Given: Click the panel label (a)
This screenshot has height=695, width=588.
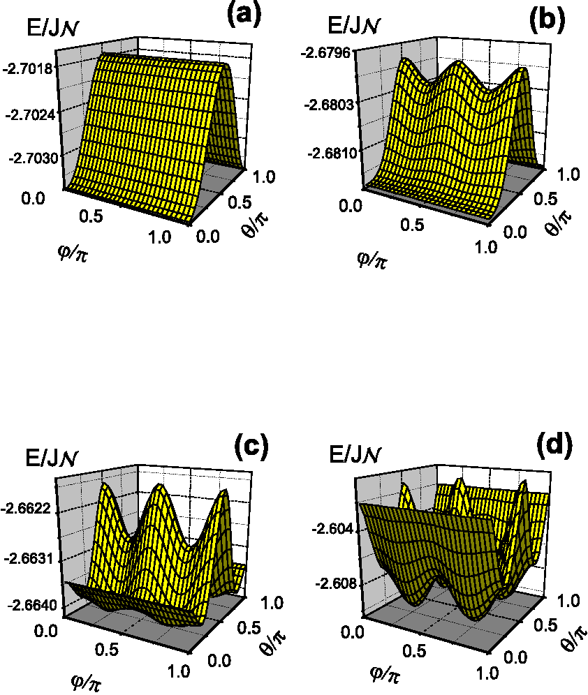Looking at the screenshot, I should [x=244, y=14].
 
